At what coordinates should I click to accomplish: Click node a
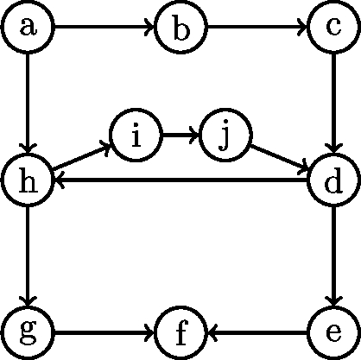[x=29, y=28]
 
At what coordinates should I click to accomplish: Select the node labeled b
[x=181, y=28]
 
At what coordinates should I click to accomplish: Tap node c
[x=332, y=28]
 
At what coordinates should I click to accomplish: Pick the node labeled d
[x=332, y=180]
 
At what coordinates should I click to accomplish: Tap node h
[x=29, y=180]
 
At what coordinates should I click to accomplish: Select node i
[x=136, y=136]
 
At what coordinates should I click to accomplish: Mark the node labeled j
[x=225, y=136]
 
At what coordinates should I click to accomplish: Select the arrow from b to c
[x=256, y=28]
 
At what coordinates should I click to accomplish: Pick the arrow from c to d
[x=332, y=104]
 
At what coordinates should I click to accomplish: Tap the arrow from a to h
[x=29, y=104]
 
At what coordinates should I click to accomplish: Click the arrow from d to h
[x=181, y=180]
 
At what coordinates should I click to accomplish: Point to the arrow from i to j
[x=180, y=136]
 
